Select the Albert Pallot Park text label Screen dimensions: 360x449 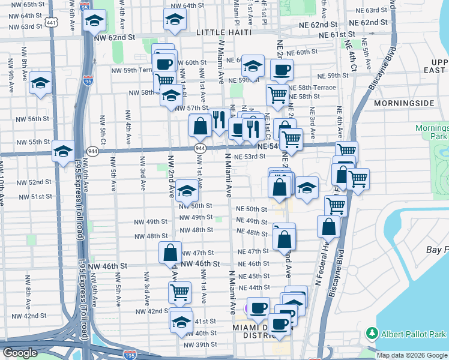(x=414, y=333)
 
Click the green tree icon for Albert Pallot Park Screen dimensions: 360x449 (x=372, y=333)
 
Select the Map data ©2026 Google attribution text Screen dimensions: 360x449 (x=411, y=355)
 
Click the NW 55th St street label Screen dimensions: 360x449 (x=32, y=142)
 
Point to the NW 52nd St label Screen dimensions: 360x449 (x=34, y=182)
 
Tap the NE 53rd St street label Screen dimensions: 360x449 (x=250, y=157)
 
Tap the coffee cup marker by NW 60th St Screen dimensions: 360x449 (x=164, y=63)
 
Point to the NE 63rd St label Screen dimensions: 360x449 (x=382, y=11)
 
